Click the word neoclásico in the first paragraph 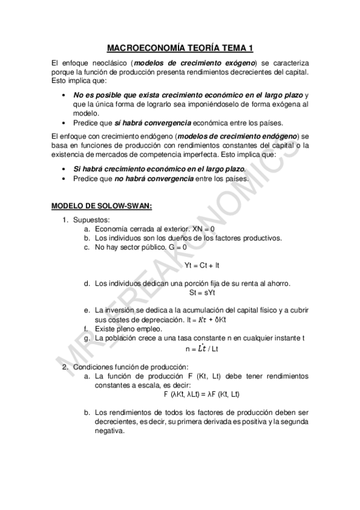[108, 63]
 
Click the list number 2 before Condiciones [66, 367]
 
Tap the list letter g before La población [87, 338]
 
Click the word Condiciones [94, 367]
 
